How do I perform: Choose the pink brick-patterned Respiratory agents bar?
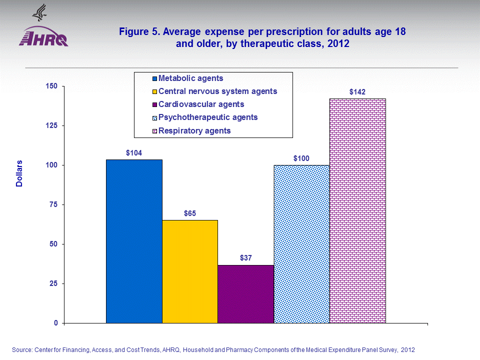(x=357, y=210)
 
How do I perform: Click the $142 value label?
(x=357, y=91)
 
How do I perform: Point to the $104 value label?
(x=134, y=152)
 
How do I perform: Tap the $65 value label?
(x=190, y=213)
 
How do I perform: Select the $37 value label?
(x=246, y=258)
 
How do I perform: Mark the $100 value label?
(x=301, y=158)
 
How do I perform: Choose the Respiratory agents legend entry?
(x=194, y=131)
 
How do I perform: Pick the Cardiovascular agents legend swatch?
(x=155, y=105)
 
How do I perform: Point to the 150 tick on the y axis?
(x=52, y=86)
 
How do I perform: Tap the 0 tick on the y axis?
(x=56, y=323)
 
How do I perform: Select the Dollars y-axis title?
(x=19, y=173)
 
